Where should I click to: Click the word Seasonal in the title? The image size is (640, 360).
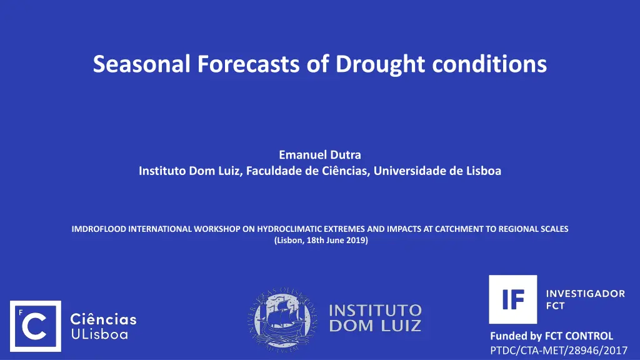click(142, 64)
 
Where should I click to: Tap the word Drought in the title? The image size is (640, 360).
click(380, 65)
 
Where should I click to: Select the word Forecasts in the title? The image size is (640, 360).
click(249, 64)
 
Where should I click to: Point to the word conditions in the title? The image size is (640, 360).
click(489, 64)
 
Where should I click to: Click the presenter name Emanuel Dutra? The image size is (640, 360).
click(320, 155)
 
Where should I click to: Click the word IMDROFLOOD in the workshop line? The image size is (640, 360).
click(99, 229)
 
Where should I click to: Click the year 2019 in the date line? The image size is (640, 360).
click(357, 240)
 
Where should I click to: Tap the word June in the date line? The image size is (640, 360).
click(335, 240)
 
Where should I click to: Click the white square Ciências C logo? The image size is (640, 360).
click(36, 326)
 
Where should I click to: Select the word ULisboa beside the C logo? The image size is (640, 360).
click(99, 334)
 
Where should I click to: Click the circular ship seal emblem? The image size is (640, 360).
click(283, 319)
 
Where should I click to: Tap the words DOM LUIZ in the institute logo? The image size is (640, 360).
click(375, 326)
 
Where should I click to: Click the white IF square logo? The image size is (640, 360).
click(513, 299)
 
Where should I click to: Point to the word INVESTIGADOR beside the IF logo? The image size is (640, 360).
click(585, 294)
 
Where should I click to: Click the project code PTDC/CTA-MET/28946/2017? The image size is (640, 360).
click(559, 350)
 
